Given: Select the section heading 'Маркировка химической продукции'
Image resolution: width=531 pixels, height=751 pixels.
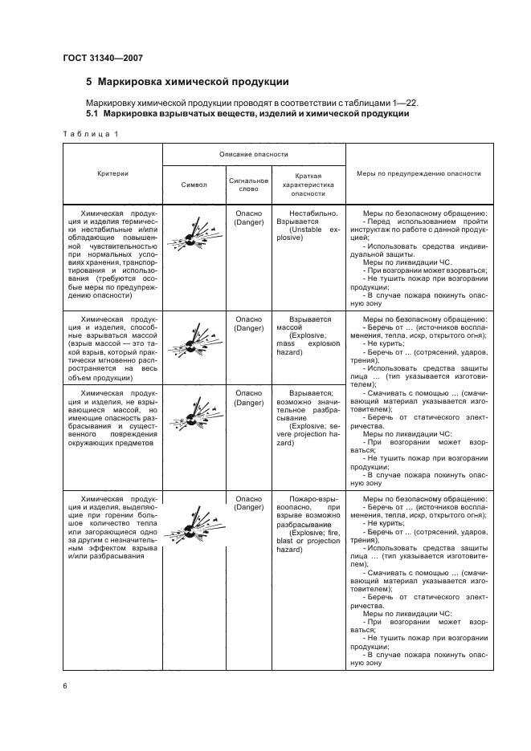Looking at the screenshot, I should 193,82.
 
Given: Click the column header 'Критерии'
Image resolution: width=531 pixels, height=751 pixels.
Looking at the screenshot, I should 112,173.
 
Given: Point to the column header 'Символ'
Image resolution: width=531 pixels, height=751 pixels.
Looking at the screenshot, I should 193,184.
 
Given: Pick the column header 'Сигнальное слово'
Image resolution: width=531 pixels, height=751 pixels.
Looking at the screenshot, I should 243,184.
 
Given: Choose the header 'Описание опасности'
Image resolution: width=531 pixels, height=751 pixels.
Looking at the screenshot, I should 254,153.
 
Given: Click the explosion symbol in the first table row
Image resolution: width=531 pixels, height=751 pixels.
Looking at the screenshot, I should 192,237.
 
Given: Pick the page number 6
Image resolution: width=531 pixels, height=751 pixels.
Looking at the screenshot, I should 65,686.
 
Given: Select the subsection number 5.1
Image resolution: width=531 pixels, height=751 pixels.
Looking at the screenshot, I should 92,113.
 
